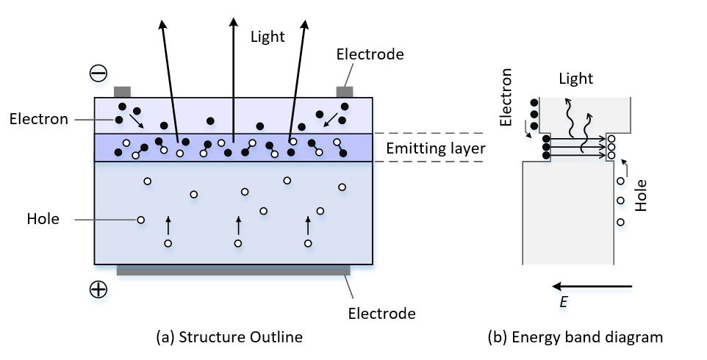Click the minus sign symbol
[98, 73]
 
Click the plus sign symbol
[98, 289]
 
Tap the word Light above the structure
[267, 37]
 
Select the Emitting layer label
[436, 149]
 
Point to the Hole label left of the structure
[43, 218]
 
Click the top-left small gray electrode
[122, 92]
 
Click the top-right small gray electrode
[344, 92]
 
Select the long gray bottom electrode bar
[233, 270]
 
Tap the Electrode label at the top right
[370, 54]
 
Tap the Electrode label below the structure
[381, 314]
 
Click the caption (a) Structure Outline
[229, 337]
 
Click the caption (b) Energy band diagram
[575, 337]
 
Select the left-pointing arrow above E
[592, 286]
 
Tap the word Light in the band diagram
[575, 78]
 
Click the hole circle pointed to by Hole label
[140, 219]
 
